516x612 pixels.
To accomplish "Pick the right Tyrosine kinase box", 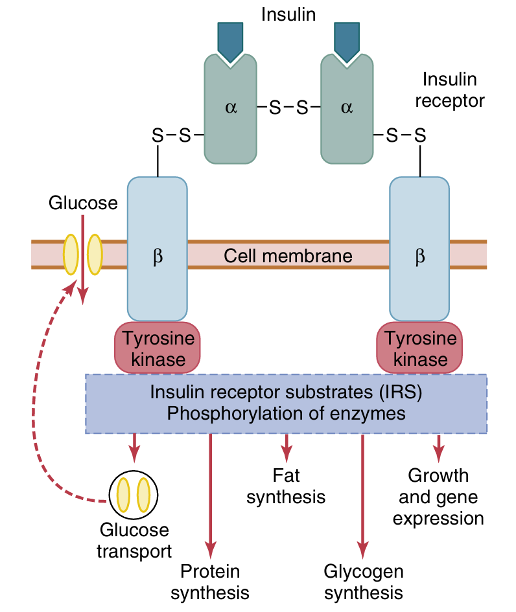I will click(x=419, y=348).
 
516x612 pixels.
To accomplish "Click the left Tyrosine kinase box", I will click(x=158, y=348).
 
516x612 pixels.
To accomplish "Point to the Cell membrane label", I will click(x=288, y=255).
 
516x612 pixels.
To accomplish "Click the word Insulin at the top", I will click(x=288, y=14).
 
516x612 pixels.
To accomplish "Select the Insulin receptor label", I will click(x=449, y=90).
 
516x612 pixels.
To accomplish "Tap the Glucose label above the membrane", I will click(x=83, y=203).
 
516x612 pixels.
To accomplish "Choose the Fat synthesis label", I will click(x=286, y=486).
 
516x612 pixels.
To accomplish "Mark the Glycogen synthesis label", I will click(x=364, y=582).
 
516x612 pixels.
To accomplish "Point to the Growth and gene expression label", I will click(x=438, y=497).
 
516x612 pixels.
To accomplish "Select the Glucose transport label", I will click(x=134, y=540).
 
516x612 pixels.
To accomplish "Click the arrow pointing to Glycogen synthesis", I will click(x=362, y=492).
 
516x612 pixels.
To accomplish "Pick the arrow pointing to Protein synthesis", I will click(x=210, y=492).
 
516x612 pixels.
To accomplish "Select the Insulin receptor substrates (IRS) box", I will click(x=286, y=403).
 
